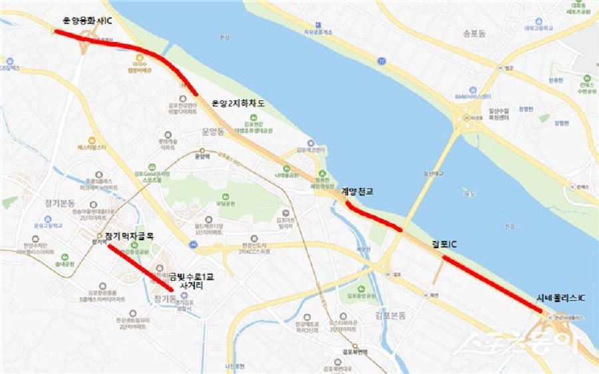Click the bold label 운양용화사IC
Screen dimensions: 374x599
(x=87, y=21)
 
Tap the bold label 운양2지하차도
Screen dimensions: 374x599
(x=238, y=103)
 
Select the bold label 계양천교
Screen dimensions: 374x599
(x=357, y=192)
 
